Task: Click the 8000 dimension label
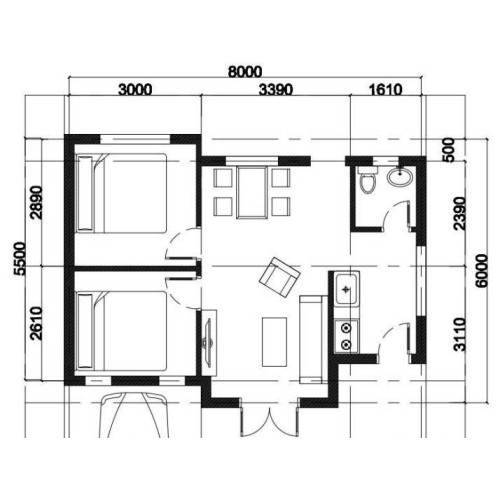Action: click(245, 71)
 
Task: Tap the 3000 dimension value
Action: click(135, 90)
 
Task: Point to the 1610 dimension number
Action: click(384, 90)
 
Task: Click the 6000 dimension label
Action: click(482, 267)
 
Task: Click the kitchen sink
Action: click(347, 291)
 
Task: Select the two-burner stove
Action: click(347, 334)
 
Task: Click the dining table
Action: click(251, 190)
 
